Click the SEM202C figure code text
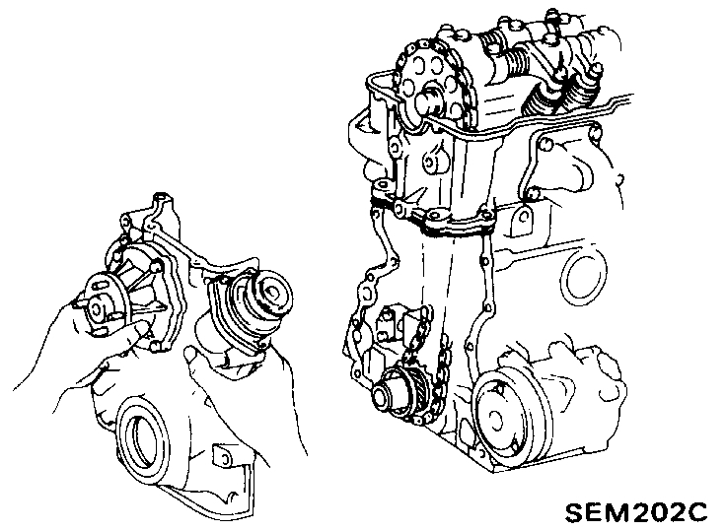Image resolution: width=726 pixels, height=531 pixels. coord(636,512)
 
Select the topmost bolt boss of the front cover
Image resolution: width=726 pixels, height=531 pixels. coord(160,200)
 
